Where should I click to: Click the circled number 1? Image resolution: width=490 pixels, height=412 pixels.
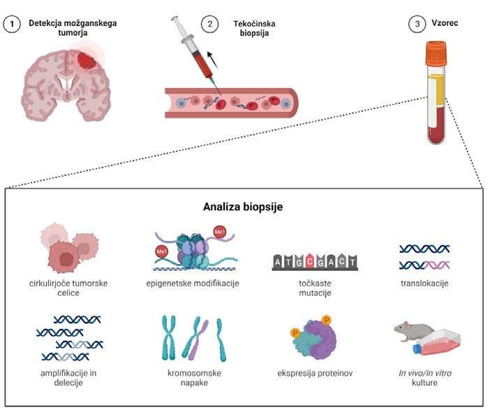tap(12, 23)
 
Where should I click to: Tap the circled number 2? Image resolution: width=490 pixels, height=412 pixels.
tap(207, 23)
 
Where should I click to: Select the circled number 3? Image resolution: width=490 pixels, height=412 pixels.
tap(415, 23)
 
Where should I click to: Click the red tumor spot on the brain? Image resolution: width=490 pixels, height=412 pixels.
tap(88, 59)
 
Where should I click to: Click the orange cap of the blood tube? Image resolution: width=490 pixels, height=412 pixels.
tap(436, 50)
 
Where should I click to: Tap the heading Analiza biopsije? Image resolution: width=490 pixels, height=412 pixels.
tap(244, 207)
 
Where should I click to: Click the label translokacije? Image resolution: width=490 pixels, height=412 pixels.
tap(424, 284)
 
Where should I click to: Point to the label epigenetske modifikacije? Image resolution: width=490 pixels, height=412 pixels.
tap(193, 284)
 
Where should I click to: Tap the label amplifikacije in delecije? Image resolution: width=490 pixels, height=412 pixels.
tap(68, 378)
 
